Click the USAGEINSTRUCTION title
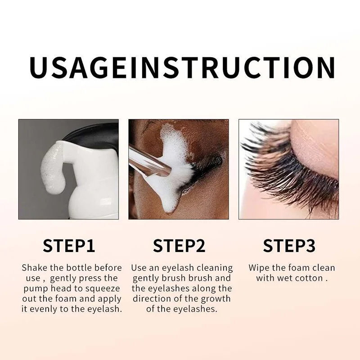[x=182, y=67]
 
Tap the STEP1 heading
[x=69, y=246]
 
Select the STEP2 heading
[x=179, y=246]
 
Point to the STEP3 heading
[x=289, y=246]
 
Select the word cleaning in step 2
[x=215, y=268]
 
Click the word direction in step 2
[x=151, y=299]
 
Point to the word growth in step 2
[x=216, y=299]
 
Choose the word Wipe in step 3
[x=259, y=268]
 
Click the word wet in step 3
[x=285, y=279]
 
